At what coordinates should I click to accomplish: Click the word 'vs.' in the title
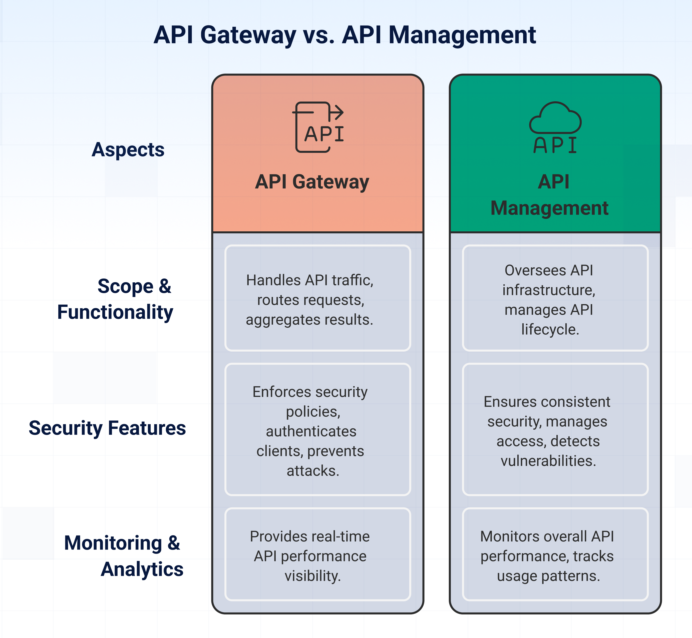(318, 35)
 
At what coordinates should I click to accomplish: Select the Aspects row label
(128, 150)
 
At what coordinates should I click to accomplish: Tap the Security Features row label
(107, 428)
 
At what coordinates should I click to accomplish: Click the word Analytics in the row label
(142, 569)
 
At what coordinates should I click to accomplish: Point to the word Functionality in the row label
(115, 312)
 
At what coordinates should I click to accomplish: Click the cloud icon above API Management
(555, 118)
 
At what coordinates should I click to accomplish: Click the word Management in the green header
(549, 208)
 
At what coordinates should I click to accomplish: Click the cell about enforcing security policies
(317, 429)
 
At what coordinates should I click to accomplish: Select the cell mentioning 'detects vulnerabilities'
(555, 429)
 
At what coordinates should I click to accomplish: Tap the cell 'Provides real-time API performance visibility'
(317, 554)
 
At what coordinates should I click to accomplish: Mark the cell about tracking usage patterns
(555, 554)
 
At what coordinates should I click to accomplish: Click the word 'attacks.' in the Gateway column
(313, 471)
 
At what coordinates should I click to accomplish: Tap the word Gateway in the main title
(248, 35)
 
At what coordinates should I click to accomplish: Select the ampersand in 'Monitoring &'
(174, 543)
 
